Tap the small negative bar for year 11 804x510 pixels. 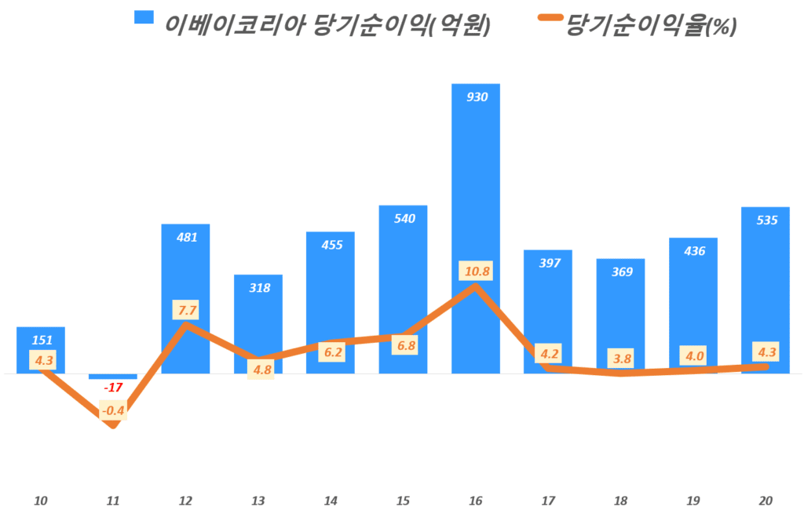point(113,377)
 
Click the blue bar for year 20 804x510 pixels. point(766,290)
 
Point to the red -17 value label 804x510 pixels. point(113,387)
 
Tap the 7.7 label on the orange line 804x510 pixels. point(187,310)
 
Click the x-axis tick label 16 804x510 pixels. point(476,501)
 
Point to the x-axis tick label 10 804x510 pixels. point(41,501)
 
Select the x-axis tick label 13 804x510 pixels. point(258,501)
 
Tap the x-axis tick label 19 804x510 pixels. point(693,501)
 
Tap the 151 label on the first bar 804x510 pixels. point(42,341)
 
